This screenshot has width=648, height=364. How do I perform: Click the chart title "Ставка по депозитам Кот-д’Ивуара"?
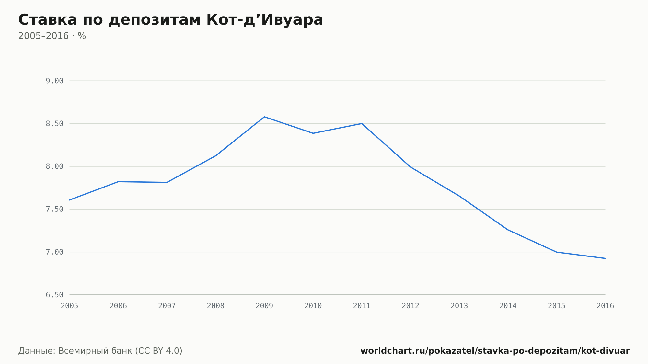click(x=171, y=20)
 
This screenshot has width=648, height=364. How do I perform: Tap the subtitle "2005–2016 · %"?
click(x=52, y=36)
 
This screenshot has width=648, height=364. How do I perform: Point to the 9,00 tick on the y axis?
click(x=54, y=81)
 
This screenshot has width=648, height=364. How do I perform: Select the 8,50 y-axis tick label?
click(x=54, y=124)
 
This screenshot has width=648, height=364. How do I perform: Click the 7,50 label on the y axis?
click(x=54, y=209)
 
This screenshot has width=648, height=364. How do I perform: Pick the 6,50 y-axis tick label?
click(x=54, y=295)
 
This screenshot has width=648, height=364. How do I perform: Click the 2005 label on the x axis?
click(x=70, y=306)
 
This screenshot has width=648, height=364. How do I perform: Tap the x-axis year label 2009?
click(x=264, y=306)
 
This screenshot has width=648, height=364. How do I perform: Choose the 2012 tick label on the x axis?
click(x=411, y=306)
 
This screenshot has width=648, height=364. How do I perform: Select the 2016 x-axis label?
click(x=605, y=306)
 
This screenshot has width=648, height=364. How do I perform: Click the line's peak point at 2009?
click(x=264, y=117)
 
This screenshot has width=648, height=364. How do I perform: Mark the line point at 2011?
click(x=362, y=123)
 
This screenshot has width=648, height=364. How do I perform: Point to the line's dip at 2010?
click(x=313, y=133)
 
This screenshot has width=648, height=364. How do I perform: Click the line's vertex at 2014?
click(x=508, y=230)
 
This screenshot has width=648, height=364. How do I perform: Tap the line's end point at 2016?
click(x=605, y=258)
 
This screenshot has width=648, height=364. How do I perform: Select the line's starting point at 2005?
click(x=70, y=200)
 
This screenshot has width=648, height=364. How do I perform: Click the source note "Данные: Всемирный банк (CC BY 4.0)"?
click(x=100, y=351)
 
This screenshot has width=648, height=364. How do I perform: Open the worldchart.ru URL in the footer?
click(x=495, y=351)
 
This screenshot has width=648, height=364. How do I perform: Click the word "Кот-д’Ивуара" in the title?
click(x=265, y=20)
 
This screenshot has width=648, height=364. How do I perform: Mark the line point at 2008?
click(x=215, y=156)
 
